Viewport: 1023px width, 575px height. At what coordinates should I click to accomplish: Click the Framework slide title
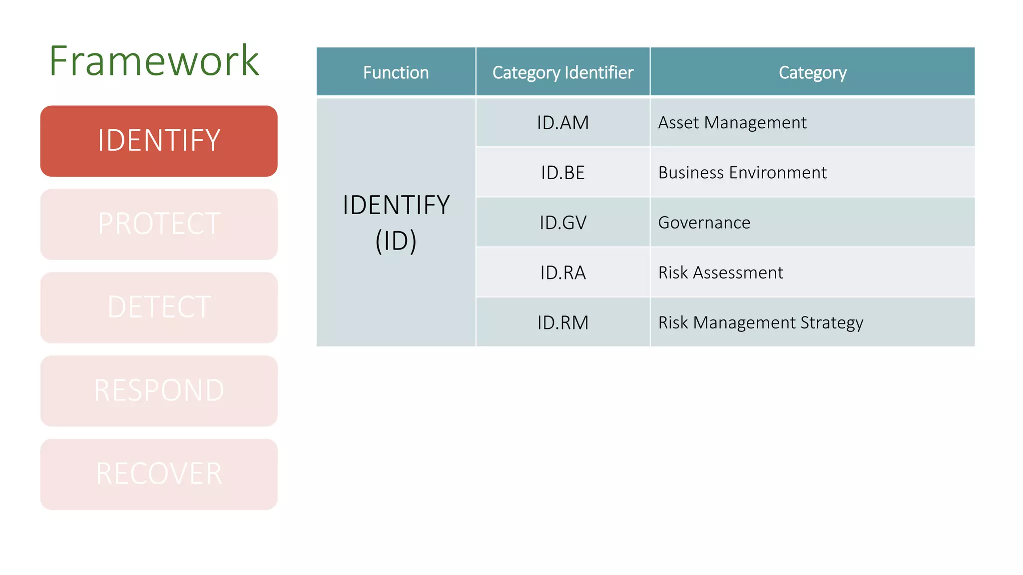tap(154, 61)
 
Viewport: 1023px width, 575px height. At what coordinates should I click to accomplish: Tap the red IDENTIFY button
tap(159, 141)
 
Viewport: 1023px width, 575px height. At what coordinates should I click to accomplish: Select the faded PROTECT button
tap(159, 224)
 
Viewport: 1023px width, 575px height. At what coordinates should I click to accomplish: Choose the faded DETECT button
tap(159, 307)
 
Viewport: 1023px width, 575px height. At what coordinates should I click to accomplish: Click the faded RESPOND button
tap(159, 391)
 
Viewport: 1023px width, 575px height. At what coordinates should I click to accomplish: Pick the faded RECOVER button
tap(159, 474)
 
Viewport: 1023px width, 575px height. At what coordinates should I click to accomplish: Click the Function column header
tap(396, 72)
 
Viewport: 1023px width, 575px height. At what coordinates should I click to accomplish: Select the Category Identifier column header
tap(562, 72)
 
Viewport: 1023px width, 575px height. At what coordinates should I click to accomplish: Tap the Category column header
tap(812, 72)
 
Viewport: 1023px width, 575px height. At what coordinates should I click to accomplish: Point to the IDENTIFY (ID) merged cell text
tap(396, 223)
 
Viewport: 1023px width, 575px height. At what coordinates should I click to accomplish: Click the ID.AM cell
tap(562, 123)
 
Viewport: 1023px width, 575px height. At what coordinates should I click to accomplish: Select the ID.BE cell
tap(562, 173)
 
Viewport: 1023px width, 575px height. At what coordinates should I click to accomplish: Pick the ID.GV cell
tap(562, 223)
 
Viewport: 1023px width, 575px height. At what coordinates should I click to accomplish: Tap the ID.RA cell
tap(562, 273)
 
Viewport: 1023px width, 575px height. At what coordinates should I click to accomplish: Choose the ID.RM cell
tap(562, 322)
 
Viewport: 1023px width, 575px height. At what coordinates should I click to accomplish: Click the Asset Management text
tap(732, 123)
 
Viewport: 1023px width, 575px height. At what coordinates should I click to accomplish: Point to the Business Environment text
tap(742, 173)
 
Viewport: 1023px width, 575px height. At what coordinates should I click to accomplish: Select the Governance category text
tap(704, 223)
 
